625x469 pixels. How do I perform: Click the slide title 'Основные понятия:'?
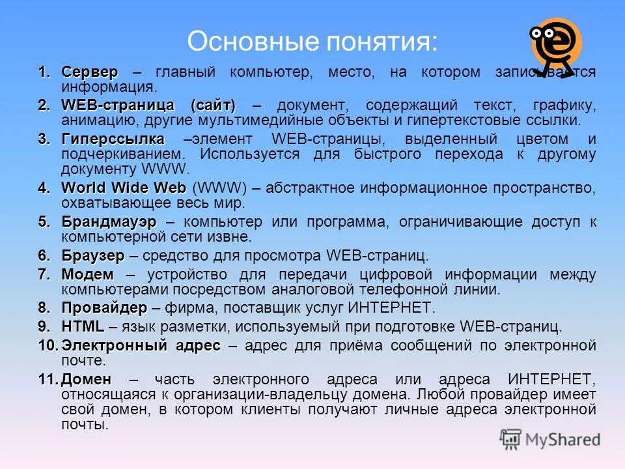[312, 41]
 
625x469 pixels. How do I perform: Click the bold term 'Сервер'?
[90, 72]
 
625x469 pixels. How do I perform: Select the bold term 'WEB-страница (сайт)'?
[148, 106]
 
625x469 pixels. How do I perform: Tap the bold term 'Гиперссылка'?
[113, 139]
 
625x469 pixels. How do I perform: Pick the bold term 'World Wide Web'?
[124, 188]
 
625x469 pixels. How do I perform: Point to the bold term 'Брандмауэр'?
[109, 222]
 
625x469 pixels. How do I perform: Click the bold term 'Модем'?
[87, 274]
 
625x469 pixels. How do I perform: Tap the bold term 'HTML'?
[83, 326]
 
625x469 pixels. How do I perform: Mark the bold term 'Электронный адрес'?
[141, 345]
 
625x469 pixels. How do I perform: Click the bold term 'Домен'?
[87, 379]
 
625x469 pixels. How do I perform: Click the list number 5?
[44, 222]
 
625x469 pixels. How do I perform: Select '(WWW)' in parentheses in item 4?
[219, 188]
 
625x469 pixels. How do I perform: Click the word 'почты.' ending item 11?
[85, 425]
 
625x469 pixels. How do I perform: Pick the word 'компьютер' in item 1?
[264, 72]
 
